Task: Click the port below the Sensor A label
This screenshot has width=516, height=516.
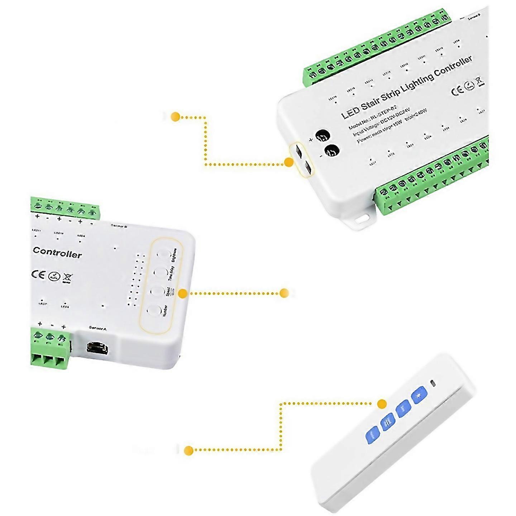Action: point(97,347)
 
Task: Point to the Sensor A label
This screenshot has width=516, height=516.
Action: point(98,328)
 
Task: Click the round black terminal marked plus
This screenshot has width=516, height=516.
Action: point(322,137)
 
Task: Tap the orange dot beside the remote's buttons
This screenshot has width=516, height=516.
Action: point(382,404)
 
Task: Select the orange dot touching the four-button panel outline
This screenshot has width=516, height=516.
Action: point(183,293)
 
